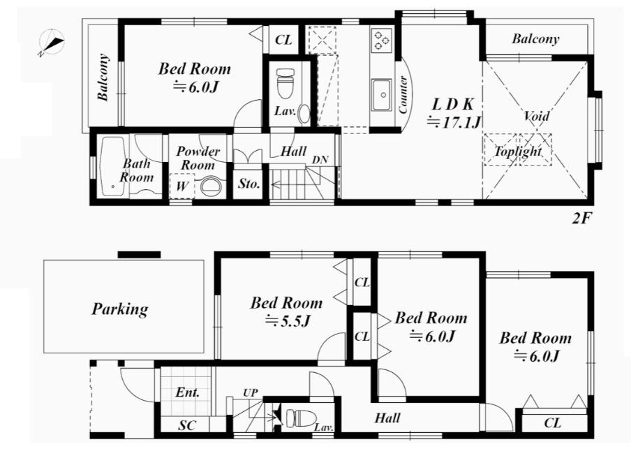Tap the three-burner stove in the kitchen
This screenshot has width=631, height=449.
click(381, 40)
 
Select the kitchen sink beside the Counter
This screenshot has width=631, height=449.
click(382, 95)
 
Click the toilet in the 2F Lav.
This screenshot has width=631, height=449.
click(285, 83)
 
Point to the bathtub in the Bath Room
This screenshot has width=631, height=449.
click(112, 166)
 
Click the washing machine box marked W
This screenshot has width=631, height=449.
click(181, 186)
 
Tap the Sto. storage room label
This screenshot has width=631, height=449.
click(248, 184)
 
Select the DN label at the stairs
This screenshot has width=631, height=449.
click(320, 159)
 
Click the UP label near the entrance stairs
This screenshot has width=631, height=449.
click(251, 392)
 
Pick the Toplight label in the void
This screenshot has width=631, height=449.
click(518, 151)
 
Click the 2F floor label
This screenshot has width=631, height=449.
click(581, 218)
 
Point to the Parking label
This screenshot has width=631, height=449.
click(120, 309)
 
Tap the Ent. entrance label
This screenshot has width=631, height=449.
click(188, 392)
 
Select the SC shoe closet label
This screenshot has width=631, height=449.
click(188, 425)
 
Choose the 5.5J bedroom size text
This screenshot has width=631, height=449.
click(288, 321)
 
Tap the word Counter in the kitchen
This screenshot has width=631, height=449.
click(403, 94)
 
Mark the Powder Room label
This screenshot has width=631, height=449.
click(198, 158)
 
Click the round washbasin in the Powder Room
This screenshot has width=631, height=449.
click(211, 187)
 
